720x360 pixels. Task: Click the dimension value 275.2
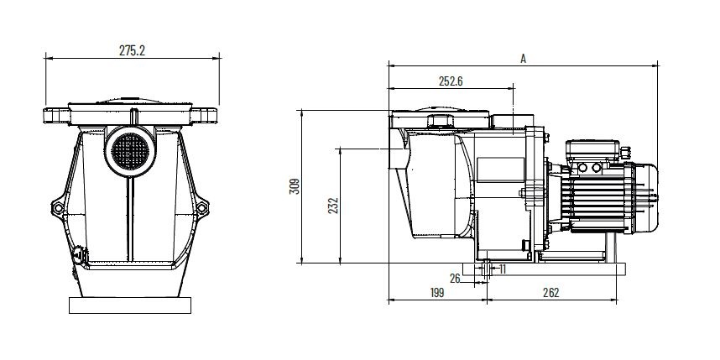tap(132, 50)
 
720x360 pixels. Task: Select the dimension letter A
tap(523, 58)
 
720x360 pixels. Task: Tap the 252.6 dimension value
tap(451, 81)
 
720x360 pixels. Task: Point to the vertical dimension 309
tap(295, 186)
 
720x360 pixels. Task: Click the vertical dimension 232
tap(333, 206)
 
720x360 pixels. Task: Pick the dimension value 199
tap(436, 293)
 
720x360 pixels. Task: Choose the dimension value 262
tap(550, 293)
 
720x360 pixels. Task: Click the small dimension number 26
tap(455, 279)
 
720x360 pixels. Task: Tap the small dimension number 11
tap(502, 269)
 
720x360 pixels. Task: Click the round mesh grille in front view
tap(130, 150)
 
